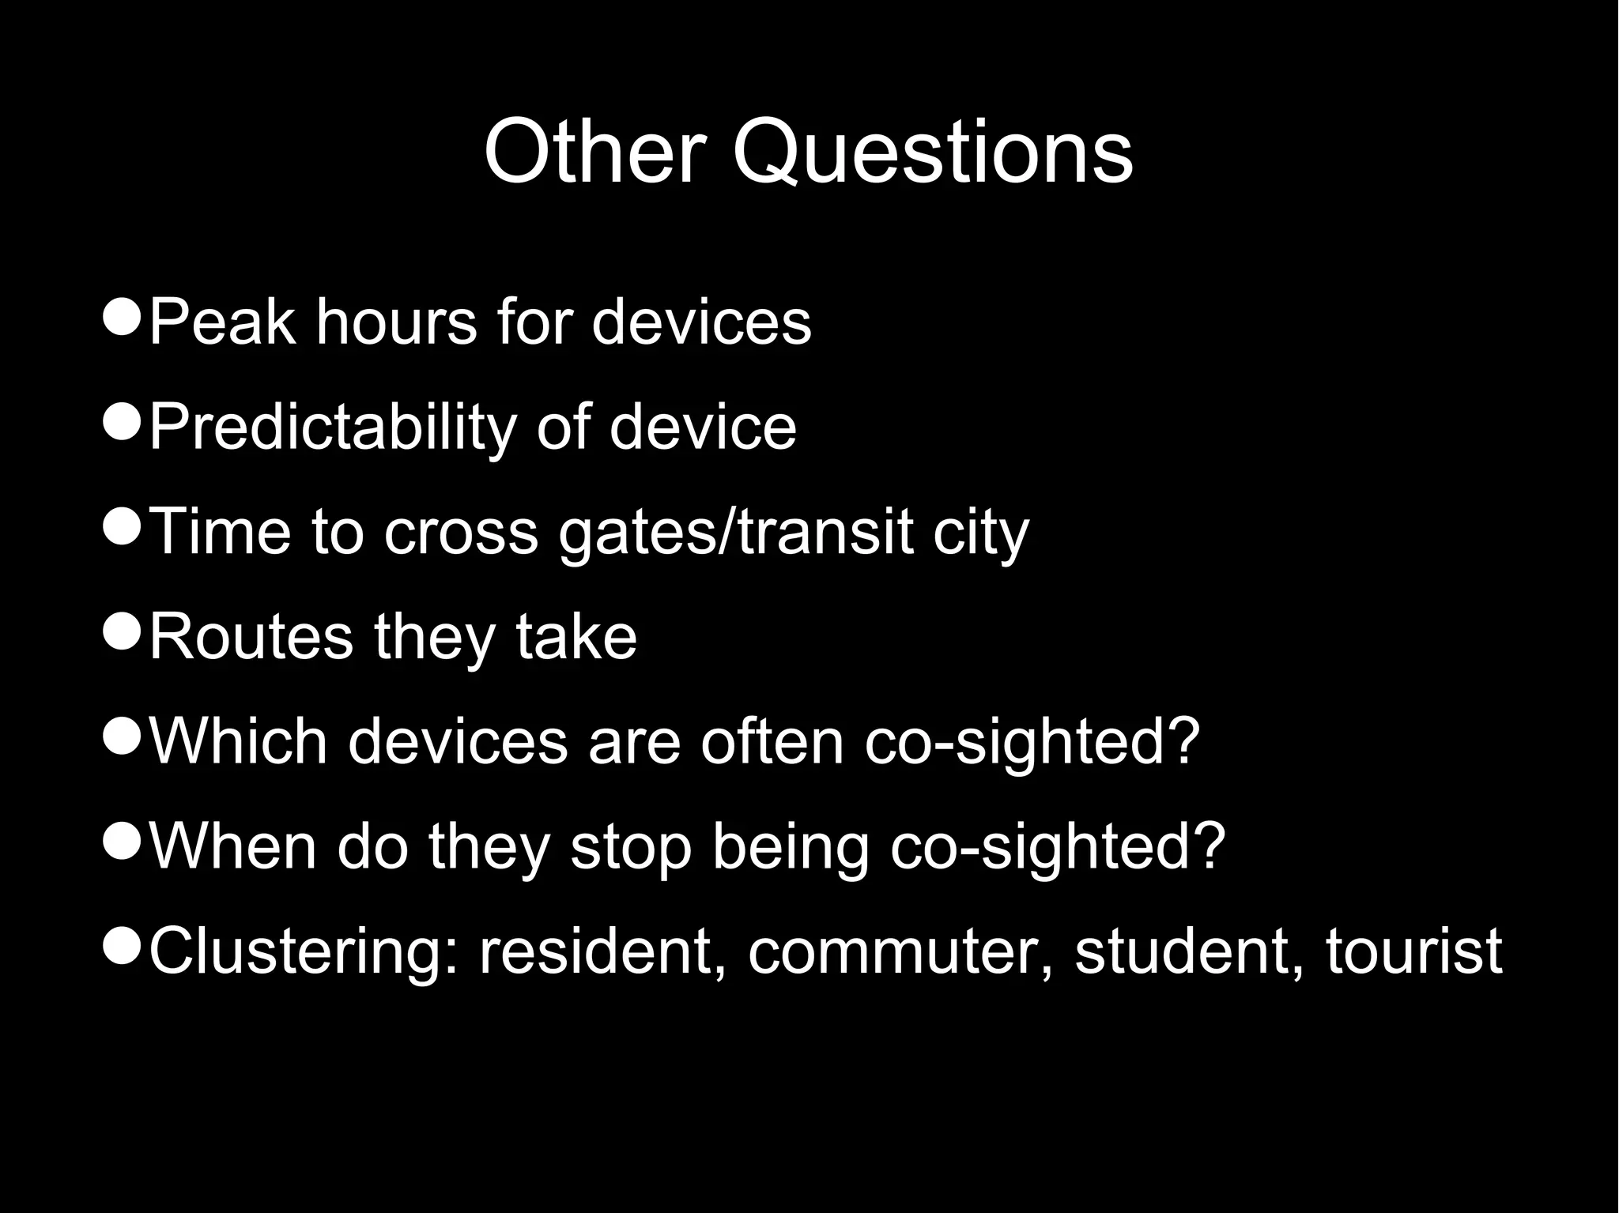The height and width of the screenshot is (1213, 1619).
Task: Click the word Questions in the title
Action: pos(933,153)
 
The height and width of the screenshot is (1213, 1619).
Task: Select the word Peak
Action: pos(221,322)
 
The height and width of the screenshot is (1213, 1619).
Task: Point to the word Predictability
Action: pos(332,428)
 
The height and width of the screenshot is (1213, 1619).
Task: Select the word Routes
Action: pos(251,637)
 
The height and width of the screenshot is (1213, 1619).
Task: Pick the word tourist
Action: pos(1413,951)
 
